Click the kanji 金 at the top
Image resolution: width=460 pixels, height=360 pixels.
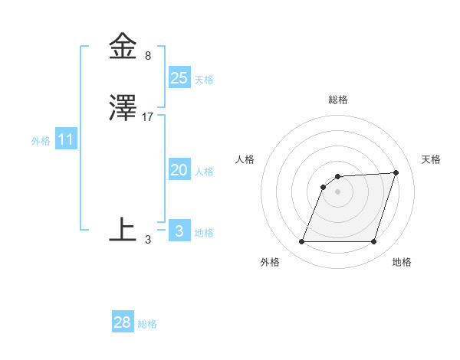tap(123, 47)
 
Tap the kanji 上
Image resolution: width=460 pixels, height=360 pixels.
tap(123, 229)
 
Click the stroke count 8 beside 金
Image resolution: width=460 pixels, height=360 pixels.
tap(148, 56)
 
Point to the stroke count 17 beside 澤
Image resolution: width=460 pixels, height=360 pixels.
tap(149, 117)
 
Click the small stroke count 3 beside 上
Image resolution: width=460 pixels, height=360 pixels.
tap(148, 240)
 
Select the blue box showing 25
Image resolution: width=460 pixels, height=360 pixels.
tap(179, 77)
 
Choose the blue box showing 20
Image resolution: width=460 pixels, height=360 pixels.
tap(179, 170)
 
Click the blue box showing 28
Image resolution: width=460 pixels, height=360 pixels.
tap(123, 322)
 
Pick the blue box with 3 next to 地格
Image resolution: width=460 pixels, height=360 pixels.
tap(179, 231)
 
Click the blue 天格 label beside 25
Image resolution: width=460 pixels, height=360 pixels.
tap(204, 79)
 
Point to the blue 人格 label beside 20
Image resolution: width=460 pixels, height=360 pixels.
tap(204, 172)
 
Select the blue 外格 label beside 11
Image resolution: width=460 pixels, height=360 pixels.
tap(41, 141)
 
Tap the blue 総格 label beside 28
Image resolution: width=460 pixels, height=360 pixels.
tap(147, 324)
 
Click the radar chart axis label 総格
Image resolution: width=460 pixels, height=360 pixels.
tap(338, 100)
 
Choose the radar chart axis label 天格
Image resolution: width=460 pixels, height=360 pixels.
tap(431, 159)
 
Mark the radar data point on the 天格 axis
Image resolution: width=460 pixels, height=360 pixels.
tap(396, 172)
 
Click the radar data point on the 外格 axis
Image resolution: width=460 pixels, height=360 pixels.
tap(302, 242)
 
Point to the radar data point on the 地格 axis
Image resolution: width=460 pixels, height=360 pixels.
tap(373, 242)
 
